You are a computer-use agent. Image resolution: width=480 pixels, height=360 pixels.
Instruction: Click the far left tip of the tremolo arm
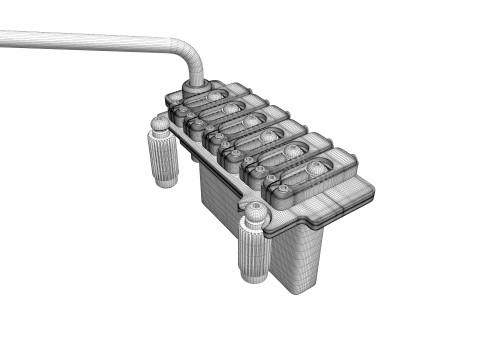pos(3,39)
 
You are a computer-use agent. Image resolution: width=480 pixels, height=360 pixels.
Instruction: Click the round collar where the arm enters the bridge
pos(194,88)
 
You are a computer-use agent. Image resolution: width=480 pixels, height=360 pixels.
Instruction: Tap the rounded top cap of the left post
pos(159,125)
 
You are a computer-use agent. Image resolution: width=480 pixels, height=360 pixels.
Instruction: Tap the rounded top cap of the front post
pos(256,211)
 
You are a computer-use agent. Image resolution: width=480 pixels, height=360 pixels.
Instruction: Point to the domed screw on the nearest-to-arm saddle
pos(215,94)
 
